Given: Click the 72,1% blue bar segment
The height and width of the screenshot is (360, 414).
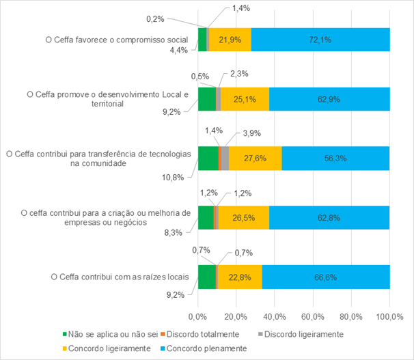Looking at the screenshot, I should click(320, 40).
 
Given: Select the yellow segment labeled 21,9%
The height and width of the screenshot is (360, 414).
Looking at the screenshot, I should click(230, 40).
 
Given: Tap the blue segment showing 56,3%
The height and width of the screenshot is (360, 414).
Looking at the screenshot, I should click(335, 158).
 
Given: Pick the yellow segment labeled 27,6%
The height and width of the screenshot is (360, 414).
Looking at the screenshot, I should click(255, 158).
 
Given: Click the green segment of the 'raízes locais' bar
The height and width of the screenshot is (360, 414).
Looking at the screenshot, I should click(206, 277).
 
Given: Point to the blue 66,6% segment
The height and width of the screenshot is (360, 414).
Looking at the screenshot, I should click(325, 277).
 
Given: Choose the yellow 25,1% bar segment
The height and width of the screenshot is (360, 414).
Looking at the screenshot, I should click(245, 99).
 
